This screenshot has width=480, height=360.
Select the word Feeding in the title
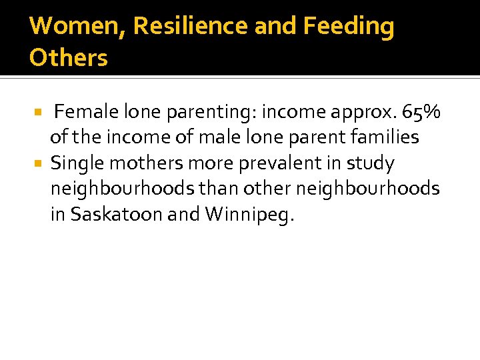click(349, 27)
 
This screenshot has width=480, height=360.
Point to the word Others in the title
click(68, 58)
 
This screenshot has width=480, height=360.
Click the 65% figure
click(421, 112)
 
